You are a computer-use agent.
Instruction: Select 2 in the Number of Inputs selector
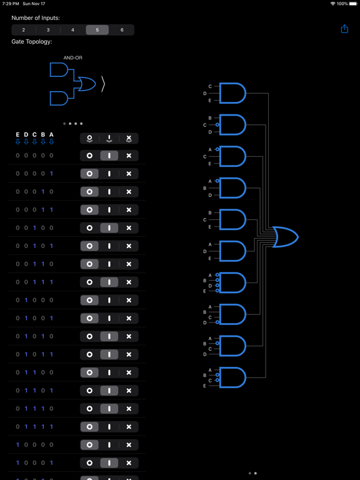coord(24,30)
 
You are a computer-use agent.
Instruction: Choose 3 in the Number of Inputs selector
coord(48,30)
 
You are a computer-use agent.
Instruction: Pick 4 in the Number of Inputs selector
coord(72,30)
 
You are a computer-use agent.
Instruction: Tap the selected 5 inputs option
coord(97,30)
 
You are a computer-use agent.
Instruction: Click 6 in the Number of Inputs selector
coord(122,30)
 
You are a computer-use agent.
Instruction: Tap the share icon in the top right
coord(344,29)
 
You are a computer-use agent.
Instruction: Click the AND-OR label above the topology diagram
coord(72,58)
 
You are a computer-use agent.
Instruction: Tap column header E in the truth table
coord(17,135)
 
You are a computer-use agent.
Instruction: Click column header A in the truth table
coord(52,135)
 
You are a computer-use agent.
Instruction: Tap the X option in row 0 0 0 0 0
coord(129,156)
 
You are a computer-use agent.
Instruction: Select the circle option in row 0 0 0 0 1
coord(90,174)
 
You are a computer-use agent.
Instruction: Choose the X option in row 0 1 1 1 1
coord(129,427)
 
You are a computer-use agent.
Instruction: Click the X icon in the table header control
coord(129,138)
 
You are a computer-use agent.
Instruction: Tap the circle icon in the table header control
coord(90,138)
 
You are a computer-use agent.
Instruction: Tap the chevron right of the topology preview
coord(103,84)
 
